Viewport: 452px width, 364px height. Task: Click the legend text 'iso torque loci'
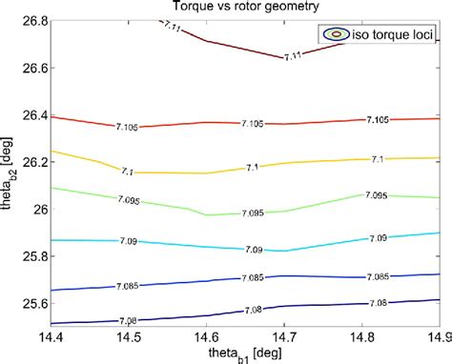391,33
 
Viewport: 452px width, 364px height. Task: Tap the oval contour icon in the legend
336,33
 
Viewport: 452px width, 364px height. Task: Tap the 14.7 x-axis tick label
284,335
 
